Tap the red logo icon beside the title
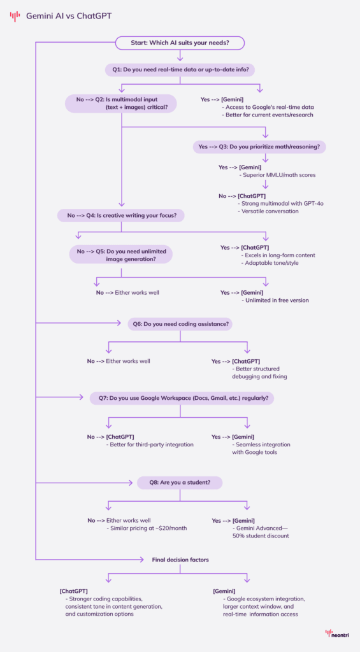tap(15, 16)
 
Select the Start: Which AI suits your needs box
tap(180, 43)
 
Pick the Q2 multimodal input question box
tap(121, 103)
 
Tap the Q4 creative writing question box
tap(121, 215)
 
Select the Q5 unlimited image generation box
tap(121, 255)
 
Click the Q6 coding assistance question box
tap(180, 324)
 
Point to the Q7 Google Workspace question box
tap(180, 398)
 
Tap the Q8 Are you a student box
tap(180, 483)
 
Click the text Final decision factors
tap(180, 560)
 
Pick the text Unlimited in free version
tap(276, 301)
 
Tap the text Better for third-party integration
tap(149, 444)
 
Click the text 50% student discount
tap(262, 536)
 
